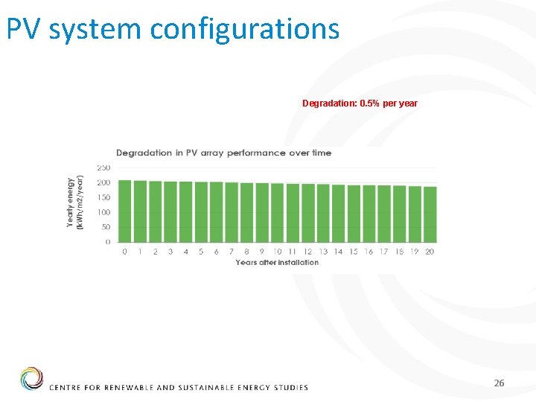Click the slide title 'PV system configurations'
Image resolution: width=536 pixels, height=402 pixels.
pos(173,28)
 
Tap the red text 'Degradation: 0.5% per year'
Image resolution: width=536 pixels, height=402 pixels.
pos(360,103)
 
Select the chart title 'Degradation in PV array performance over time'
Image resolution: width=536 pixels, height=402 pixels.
pos(223,153)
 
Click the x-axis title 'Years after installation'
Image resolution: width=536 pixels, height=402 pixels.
pos(277,262)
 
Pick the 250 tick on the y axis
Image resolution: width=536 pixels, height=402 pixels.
pos(103,167)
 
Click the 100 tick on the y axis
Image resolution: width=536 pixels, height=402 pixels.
pos(103,212)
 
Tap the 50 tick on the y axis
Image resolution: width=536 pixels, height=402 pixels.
pos(105,227)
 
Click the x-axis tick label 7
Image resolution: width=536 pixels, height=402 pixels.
pos(232,252)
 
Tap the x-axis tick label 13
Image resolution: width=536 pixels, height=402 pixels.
pos(323,252)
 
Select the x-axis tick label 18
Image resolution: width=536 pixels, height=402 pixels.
pos(399,252)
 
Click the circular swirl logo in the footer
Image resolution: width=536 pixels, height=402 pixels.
pos(31,378)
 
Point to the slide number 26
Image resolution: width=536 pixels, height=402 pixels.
pos(499,383)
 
